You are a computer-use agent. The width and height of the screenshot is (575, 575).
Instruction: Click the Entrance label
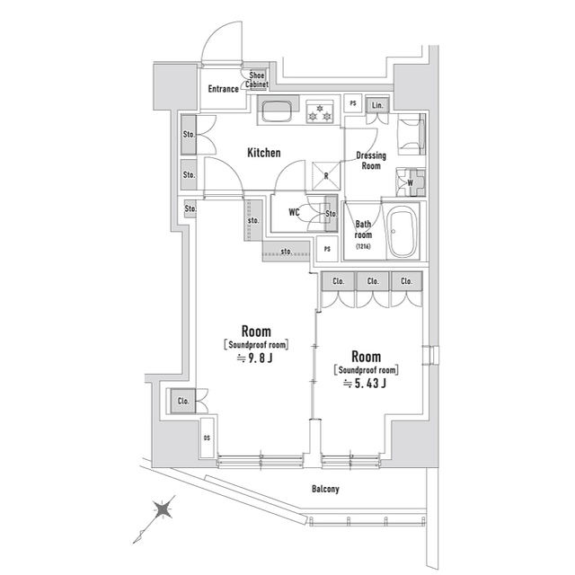pyautogui.click(x=224, y=89)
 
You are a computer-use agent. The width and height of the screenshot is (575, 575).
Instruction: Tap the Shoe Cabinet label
pyautogui.click(x=258, y=80)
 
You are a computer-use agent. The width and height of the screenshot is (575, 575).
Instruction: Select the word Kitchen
pyautogui.click(x=264, y=154)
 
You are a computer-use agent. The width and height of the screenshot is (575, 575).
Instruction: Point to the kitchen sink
pyautogui.click(x=276, y=113)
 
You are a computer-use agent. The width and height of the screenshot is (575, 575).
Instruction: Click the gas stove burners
pyautogui.click(x=320, y=113)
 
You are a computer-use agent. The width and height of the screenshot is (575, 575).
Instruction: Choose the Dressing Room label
pyautogui.click(x=371, y=161)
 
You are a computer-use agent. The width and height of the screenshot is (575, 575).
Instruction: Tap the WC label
pyautogui.click(x=294, y=213)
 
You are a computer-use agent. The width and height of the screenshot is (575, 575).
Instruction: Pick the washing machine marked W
pyautogui.click(x=410, y=182)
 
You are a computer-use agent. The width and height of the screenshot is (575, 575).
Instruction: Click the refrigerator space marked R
pyautogui.click(x=325, y=175)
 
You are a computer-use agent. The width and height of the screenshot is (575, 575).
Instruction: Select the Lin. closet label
pyautogui.click(x=377, y=105)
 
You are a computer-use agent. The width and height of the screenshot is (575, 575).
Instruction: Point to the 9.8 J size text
pyautogui.click(x=256, y=358)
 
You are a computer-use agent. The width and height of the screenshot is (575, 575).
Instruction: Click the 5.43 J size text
pyautogui.click(x=366, y=384)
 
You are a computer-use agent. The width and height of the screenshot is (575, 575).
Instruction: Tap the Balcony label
pyautogui.click(x=325, y=489)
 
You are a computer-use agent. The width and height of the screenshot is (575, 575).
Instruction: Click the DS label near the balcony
pyautogui.click(x=207, y=438)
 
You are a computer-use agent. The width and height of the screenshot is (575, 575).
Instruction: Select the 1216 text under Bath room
pyautogui.click(x=363, y=246)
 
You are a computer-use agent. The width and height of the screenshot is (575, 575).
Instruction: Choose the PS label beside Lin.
pyautogui.click(x=352, y=104)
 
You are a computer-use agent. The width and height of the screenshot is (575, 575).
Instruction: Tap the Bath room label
pyautogui.click(x=363, y=230)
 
